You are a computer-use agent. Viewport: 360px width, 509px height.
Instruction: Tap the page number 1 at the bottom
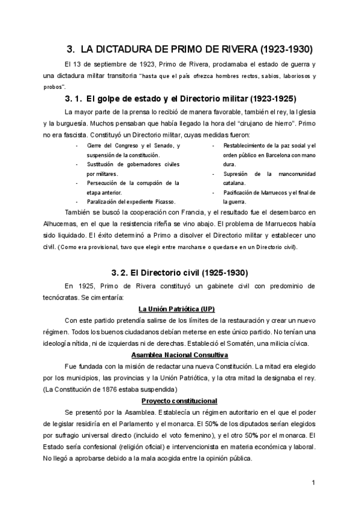pos(313,483)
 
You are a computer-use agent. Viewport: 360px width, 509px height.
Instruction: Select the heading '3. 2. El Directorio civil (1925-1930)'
pos(179,273)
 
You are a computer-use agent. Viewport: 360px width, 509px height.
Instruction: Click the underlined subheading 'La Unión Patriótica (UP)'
pos(179,310)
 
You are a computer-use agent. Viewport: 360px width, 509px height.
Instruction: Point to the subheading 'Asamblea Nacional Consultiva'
pos(179,355)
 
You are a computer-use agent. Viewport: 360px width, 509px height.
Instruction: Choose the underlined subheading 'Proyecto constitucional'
pos(179,400)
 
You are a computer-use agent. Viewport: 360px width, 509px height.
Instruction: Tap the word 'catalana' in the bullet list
pos(234,182)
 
